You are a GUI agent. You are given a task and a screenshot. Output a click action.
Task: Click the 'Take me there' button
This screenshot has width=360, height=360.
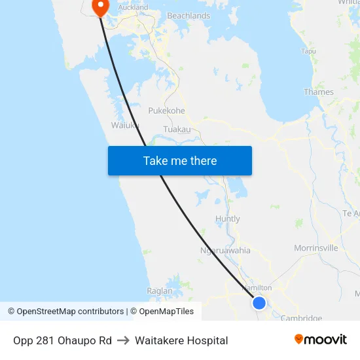pyautogui.click(x=180, y=161)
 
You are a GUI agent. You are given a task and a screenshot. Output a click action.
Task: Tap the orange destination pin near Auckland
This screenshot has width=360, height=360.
pyautogui.click(x=100, y=7)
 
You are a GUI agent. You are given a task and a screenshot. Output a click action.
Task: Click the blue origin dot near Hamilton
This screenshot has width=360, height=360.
pyautogui.click(x=259, y=302)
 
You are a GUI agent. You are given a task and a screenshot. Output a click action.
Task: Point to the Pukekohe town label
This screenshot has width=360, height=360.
pyautogui.click(x=166, y=111)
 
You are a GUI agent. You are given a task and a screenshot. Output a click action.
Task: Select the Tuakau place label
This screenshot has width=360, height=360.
pyautogui.click(x=177, y=129)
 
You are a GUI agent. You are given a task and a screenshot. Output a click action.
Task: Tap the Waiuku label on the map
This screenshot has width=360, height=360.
pyautogui.click(x=124, y=125)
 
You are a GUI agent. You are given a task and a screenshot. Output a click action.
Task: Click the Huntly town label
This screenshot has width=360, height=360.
pyautogui.click(x=228, y=219)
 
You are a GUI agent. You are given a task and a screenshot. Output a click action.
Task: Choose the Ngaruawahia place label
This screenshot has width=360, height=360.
pyautogui.click(x=225, y=250)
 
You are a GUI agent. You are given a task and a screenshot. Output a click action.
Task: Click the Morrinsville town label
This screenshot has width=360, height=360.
pyautogui.click(x=316, y=248)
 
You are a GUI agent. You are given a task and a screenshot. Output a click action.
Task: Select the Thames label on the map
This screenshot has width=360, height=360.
pyautogui.click(x=319, y=92)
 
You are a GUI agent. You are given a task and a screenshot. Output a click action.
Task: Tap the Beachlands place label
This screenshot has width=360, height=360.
pyautogui.click(x=189, y=16)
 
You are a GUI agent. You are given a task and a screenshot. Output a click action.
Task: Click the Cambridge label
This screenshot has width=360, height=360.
pyautogui.click(x=301, y=318)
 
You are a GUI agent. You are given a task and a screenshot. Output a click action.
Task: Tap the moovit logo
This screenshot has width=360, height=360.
pyautogui.click(x=321, y=339)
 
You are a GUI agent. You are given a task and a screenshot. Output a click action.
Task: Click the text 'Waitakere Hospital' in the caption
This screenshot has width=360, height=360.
pyautogui.click(x=181, y=340)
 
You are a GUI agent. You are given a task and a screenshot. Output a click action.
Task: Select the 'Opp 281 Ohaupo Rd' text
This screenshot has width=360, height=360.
pyautogui.click(x=62, y=340)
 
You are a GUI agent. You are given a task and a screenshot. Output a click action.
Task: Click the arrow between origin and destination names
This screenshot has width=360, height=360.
pyautogui.click(x=123, y=340)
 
